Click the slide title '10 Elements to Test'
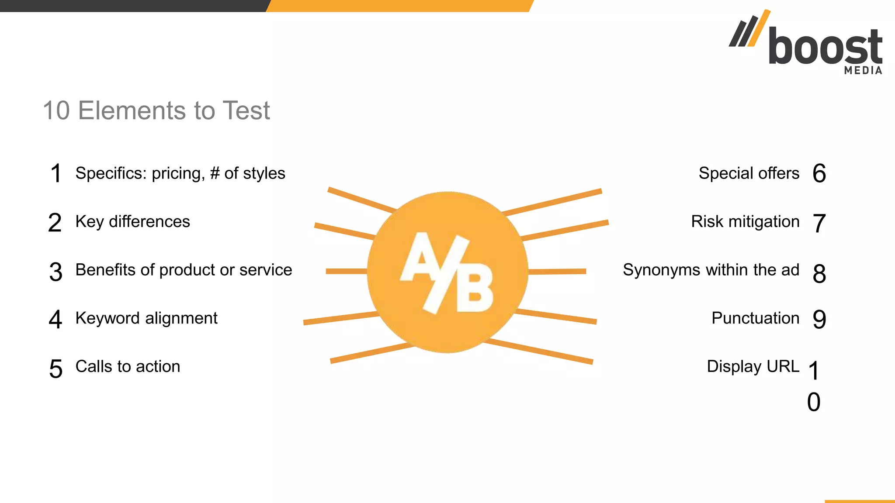[156, 110]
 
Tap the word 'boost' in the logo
[825, 47]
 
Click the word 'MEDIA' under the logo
[863, 70]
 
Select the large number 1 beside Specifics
[56, 173]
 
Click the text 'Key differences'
[132, 222]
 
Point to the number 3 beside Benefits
[56, 272]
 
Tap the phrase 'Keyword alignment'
[146, 318]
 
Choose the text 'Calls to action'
[128, 366]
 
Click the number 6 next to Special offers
[819, 173]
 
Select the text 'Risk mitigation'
[745, 222]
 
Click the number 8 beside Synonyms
[819, 274]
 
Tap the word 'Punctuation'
[755, 318]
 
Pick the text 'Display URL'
[753, 366]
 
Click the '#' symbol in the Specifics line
[215, 173]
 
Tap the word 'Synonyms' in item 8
[662, 270]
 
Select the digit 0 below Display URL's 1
[814, 402]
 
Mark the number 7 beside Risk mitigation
[819, 223]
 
